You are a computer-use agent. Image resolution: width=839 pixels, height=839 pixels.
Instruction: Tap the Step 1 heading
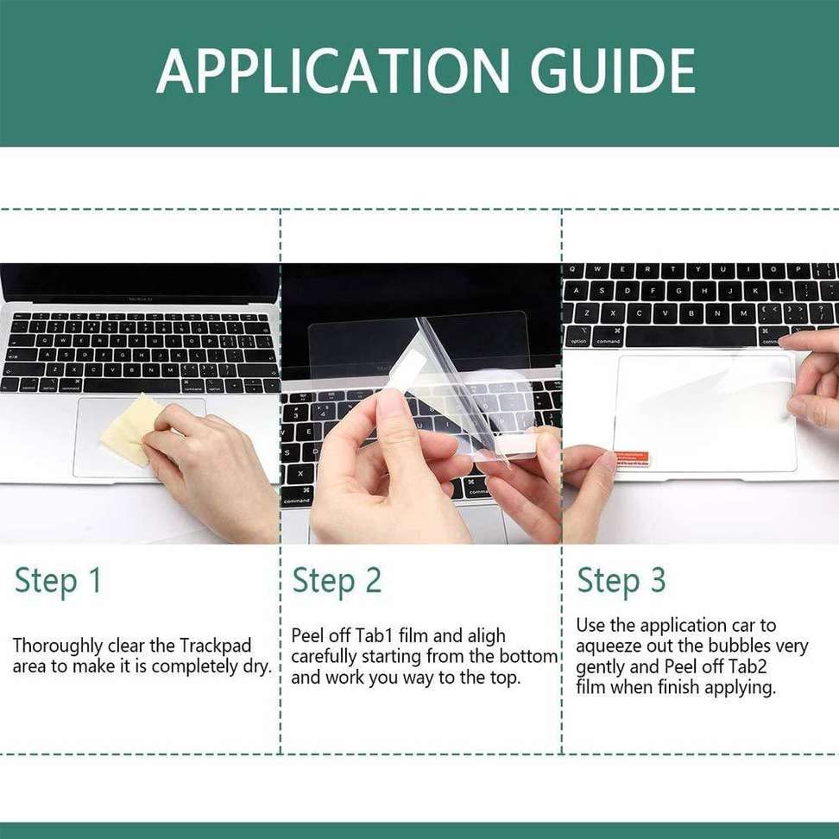[x=58, y=581]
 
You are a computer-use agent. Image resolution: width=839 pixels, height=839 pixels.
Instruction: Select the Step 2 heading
[x=337, y=581]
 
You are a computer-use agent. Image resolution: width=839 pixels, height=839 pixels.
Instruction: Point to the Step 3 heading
[x=621, y=581]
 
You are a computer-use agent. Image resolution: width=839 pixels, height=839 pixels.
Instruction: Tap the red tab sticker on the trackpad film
[x=631, y=456]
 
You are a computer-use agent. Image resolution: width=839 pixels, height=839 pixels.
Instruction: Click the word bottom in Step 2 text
[x=528, y=657]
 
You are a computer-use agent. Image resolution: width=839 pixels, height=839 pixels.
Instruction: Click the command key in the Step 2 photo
[x=297, y=500]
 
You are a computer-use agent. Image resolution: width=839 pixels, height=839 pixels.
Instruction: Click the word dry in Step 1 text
[x=255, y=667]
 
